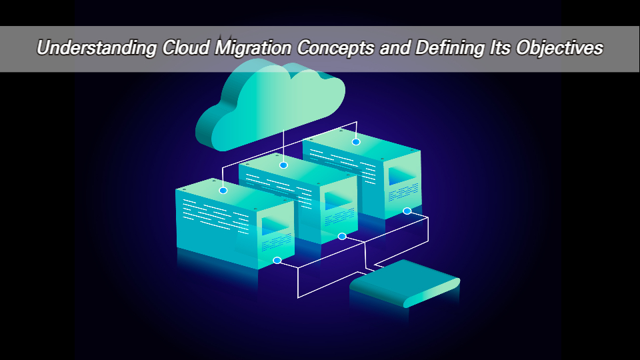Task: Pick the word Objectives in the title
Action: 565,49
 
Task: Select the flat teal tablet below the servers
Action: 403,284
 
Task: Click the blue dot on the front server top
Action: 223,190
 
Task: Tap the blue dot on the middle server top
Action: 283,165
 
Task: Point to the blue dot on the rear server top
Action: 356,141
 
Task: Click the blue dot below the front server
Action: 277,260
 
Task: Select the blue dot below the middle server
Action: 342,236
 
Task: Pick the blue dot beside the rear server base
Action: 407,211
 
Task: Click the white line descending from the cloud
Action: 283,143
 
